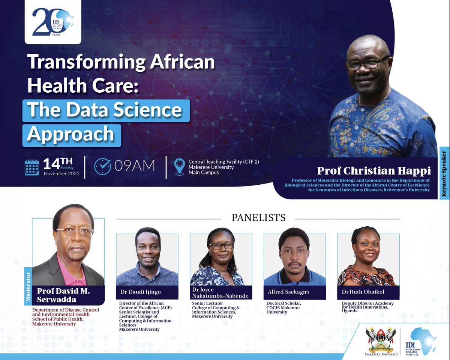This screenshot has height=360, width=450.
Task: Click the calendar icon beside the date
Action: [x=32, y=167]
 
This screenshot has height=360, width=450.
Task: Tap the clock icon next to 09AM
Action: [x=102, y=166]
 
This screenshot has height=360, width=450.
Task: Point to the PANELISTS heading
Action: [x=259, y=218]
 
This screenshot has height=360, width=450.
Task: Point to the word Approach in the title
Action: [x=70, y=134]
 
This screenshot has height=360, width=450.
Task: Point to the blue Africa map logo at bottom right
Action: [x=423, y=340]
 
